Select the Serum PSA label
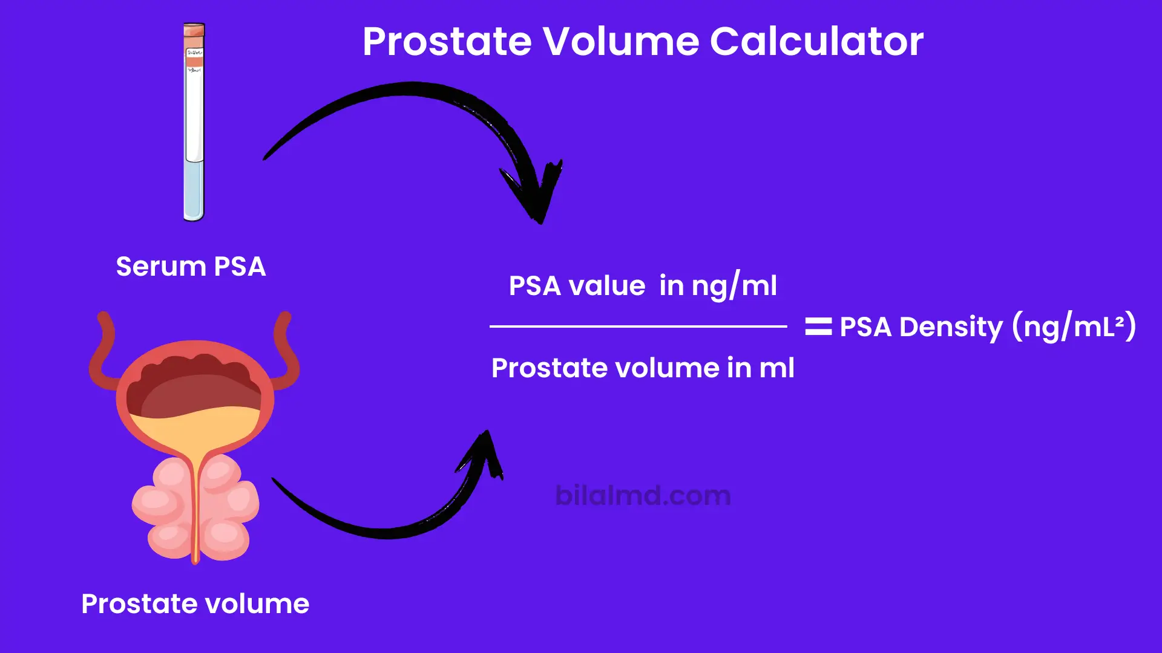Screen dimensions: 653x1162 click(x=191, y=267)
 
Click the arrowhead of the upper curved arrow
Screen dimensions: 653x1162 click(x=536, y=193)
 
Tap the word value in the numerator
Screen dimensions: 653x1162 click(x=607, y=285)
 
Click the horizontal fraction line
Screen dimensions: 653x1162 click(x=638, y=326)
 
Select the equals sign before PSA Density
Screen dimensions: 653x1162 click(x=818, y=326)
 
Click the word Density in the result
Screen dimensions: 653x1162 click(x=951, y=327)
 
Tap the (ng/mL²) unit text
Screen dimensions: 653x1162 click(x=1074, y=327)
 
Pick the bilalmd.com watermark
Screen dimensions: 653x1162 click(x=643, y=496)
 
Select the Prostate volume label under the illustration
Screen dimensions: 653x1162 click(x=195, y=603)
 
